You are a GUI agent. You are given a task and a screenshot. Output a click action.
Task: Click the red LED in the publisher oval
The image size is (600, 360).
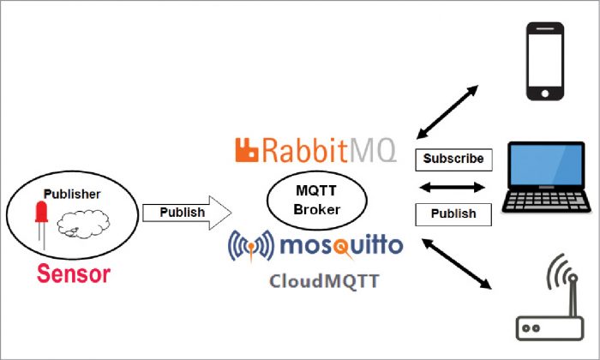coord(40,220)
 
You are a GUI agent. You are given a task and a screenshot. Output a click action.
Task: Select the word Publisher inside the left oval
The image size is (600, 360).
coord(72,194)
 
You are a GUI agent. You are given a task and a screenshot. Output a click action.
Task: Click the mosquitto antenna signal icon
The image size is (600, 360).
coord(251,247)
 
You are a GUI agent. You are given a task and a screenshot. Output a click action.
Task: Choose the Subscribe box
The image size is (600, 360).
coord(453,159)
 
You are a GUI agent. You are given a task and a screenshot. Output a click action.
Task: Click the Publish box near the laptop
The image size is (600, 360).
coord(453,213)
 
